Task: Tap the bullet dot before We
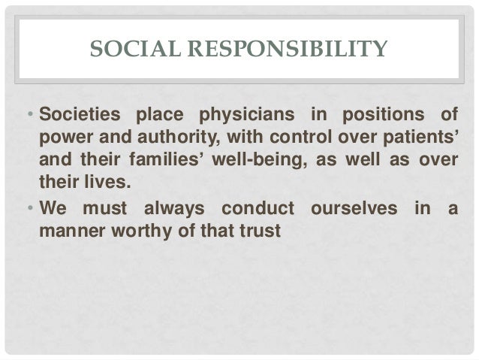[29, 206]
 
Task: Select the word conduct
[252, 206]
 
